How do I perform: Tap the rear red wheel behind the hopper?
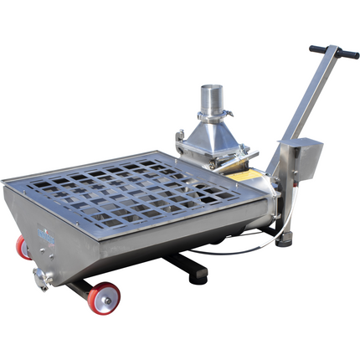tap(23, 246)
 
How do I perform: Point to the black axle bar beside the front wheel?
tap(80, 289)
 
